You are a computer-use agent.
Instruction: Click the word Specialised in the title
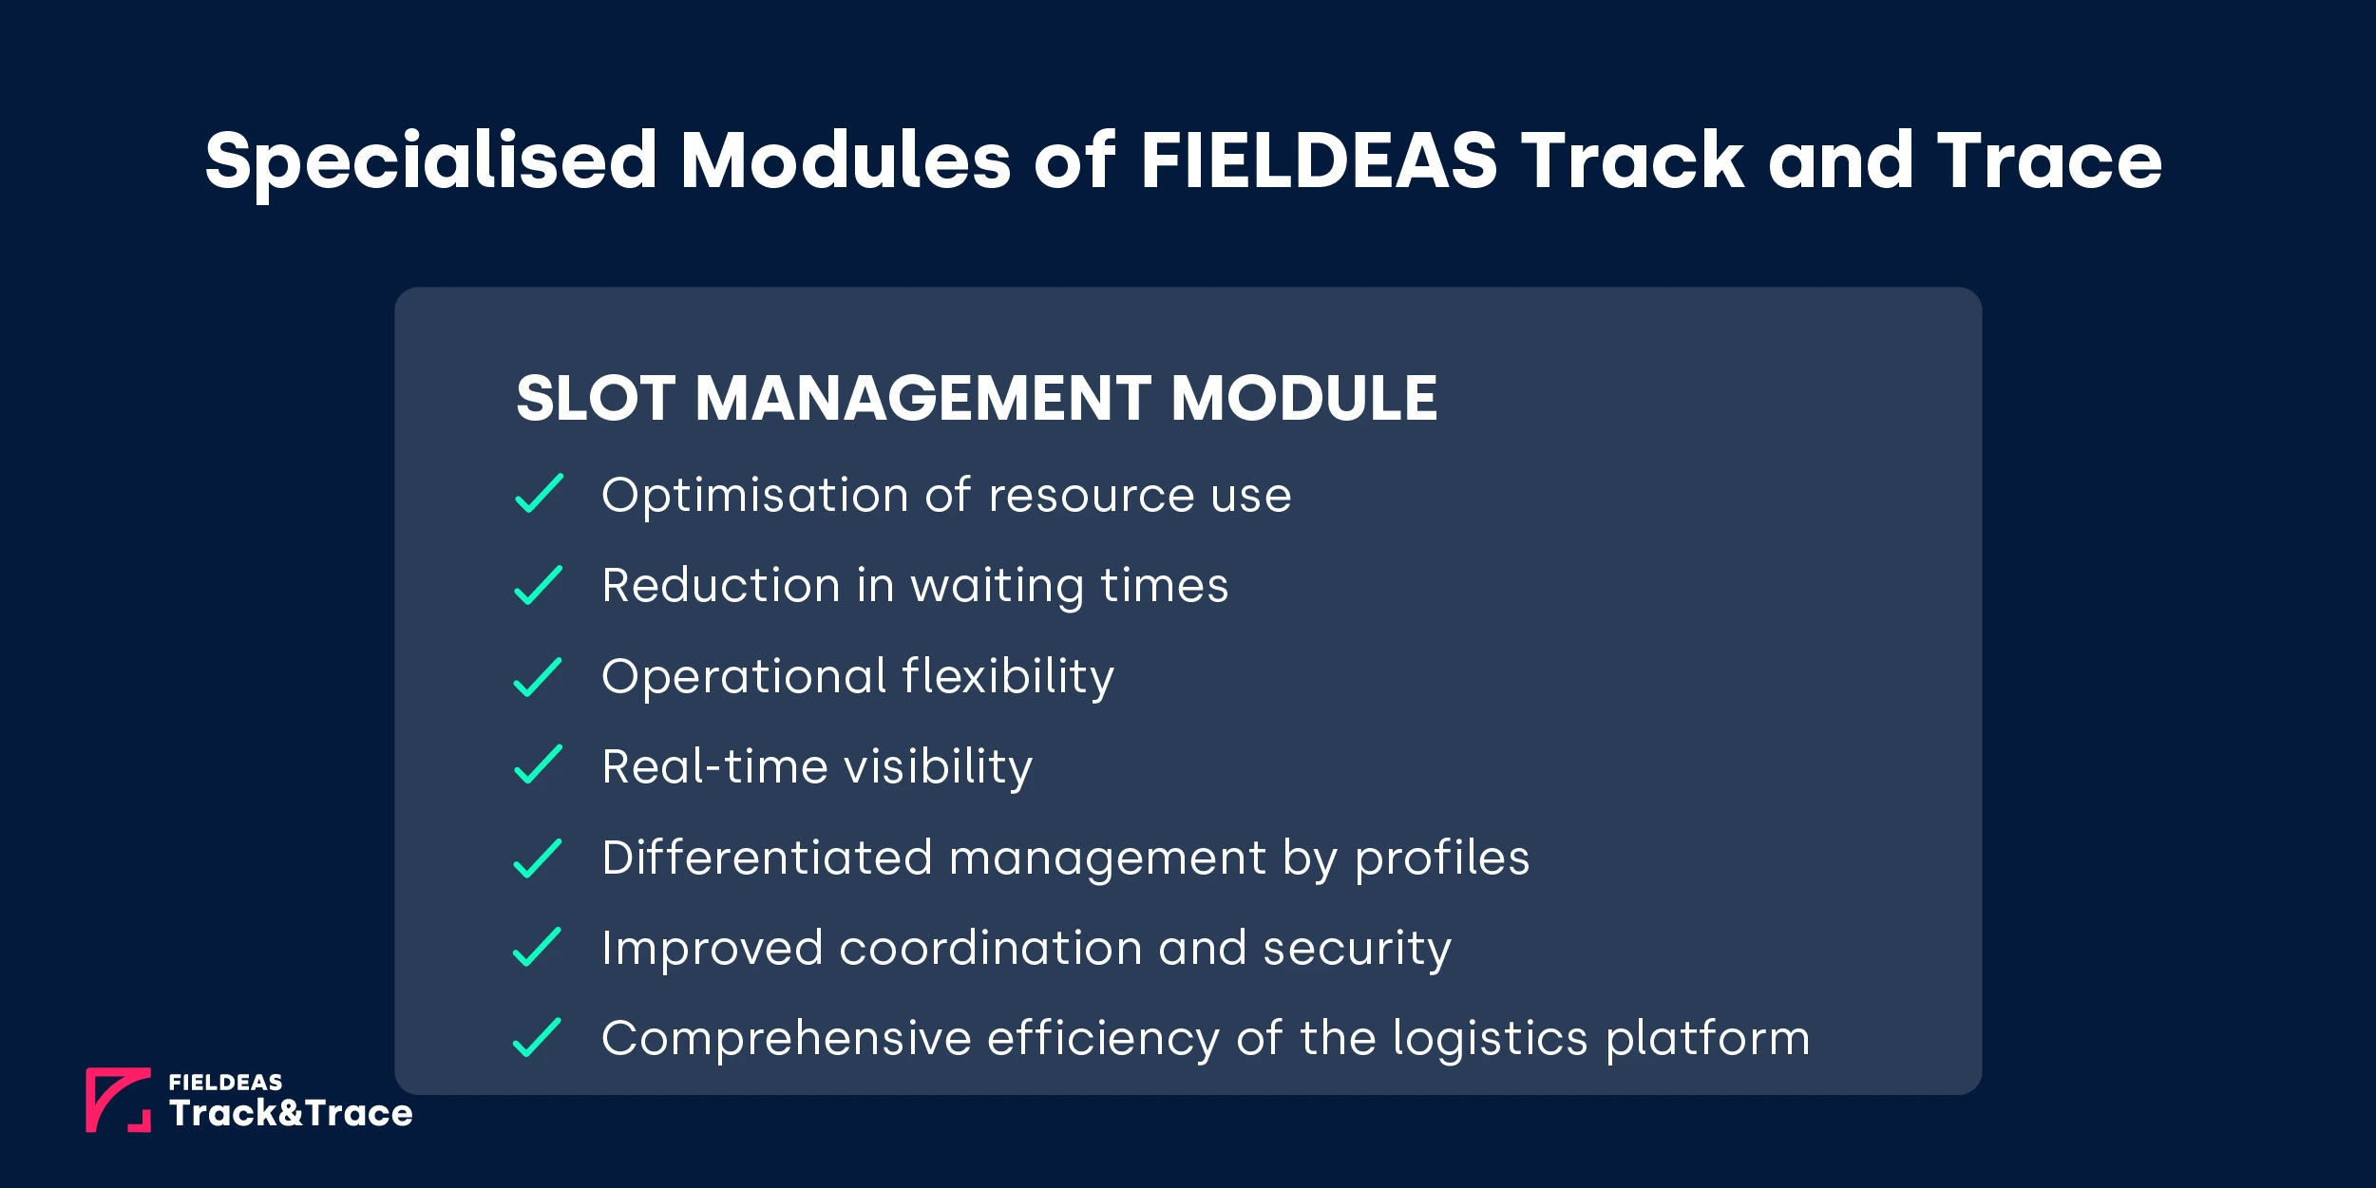(430, 161)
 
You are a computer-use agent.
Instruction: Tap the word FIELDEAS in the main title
(1318, 160)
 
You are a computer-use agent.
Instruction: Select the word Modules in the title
(846, 160)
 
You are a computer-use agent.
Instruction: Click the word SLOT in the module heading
(596, 398)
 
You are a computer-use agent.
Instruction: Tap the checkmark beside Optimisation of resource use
(539, 494)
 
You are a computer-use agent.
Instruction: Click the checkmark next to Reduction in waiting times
(539, 585)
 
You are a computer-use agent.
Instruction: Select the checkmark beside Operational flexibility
(539, 677)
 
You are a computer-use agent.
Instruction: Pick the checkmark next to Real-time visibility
(539, 765)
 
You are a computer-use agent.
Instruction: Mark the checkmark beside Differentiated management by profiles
(539, 858)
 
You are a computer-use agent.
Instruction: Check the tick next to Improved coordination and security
(539, 947)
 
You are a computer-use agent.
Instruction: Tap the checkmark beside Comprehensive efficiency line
(539, 1037)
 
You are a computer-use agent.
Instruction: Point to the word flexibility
(1008, 676)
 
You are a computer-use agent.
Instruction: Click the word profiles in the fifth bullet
(1442, 858)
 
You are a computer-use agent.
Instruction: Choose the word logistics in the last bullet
(1490, 1039)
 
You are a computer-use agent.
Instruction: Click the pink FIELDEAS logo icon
(118, 1100)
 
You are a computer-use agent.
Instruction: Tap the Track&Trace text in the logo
(291, 1113)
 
